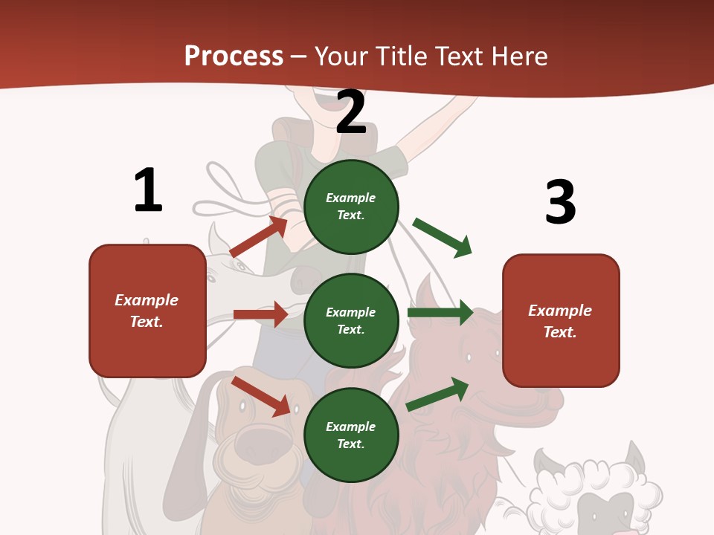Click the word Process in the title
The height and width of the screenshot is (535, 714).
234,56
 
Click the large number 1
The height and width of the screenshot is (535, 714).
148,191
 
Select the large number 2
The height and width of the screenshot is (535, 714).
351,112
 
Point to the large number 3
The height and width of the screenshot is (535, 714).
560,203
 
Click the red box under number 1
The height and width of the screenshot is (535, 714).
147,311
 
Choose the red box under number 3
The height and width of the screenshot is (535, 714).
561,320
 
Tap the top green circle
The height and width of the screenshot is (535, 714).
351,207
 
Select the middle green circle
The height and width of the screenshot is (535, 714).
351,320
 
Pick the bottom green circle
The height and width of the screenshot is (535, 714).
351,435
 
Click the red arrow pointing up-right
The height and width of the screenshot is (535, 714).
259,237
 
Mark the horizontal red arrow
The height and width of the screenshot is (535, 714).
260,314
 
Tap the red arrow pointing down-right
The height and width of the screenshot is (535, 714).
261,396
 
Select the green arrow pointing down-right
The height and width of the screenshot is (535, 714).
443,237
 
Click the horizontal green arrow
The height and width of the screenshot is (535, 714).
440,313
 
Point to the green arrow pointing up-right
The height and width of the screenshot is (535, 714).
437,394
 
